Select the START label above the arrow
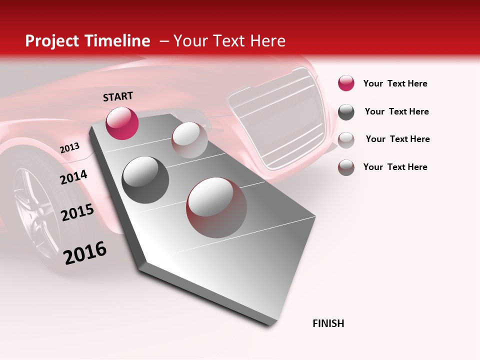(118, 96)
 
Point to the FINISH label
(328, 323)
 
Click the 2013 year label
(69, 148)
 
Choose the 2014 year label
(73, 176)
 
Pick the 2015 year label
(77, 212)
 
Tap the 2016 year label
(85, 252)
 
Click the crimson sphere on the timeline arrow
(122, 123)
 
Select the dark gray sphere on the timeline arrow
(145, 179)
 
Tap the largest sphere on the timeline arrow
(216, 207)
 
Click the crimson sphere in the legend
(346, 83)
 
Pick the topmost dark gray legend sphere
(346, 112)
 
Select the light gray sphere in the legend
(346, 139)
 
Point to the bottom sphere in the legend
(346, 167)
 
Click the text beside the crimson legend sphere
(395, 83)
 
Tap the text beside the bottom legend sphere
(395, 167)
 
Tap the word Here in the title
(267, 41)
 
